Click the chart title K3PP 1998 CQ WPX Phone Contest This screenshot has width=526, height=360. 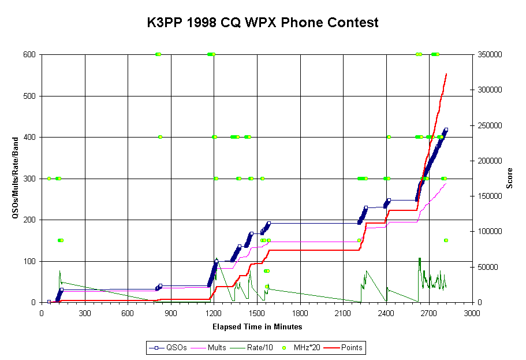pyautogui.click(x=263, y=23)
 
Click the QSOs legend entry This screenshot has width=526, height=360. pyautogui.click(x=169, y=347)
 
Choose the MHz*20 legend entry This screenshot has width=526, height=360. pyautogui.click(x=299, y=347)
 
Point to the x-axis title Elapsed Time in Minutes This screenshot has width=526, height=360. pyautogui.click(x=258, y=326)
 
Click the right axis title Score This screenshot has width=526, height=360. pyautogui.click(x=510, y=179)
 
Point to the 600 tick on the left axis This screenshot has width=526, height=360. pyautogui.click(x=29, y=55)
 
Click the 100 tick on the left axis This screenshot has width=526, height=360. pyautogui.click(x=29, y=261)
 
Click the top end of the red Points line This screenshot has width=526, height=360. pyautogui.click(x=446, y=74)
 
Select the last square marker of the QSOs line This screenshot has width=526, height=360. pyautogui.click(x=446, y=129)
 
